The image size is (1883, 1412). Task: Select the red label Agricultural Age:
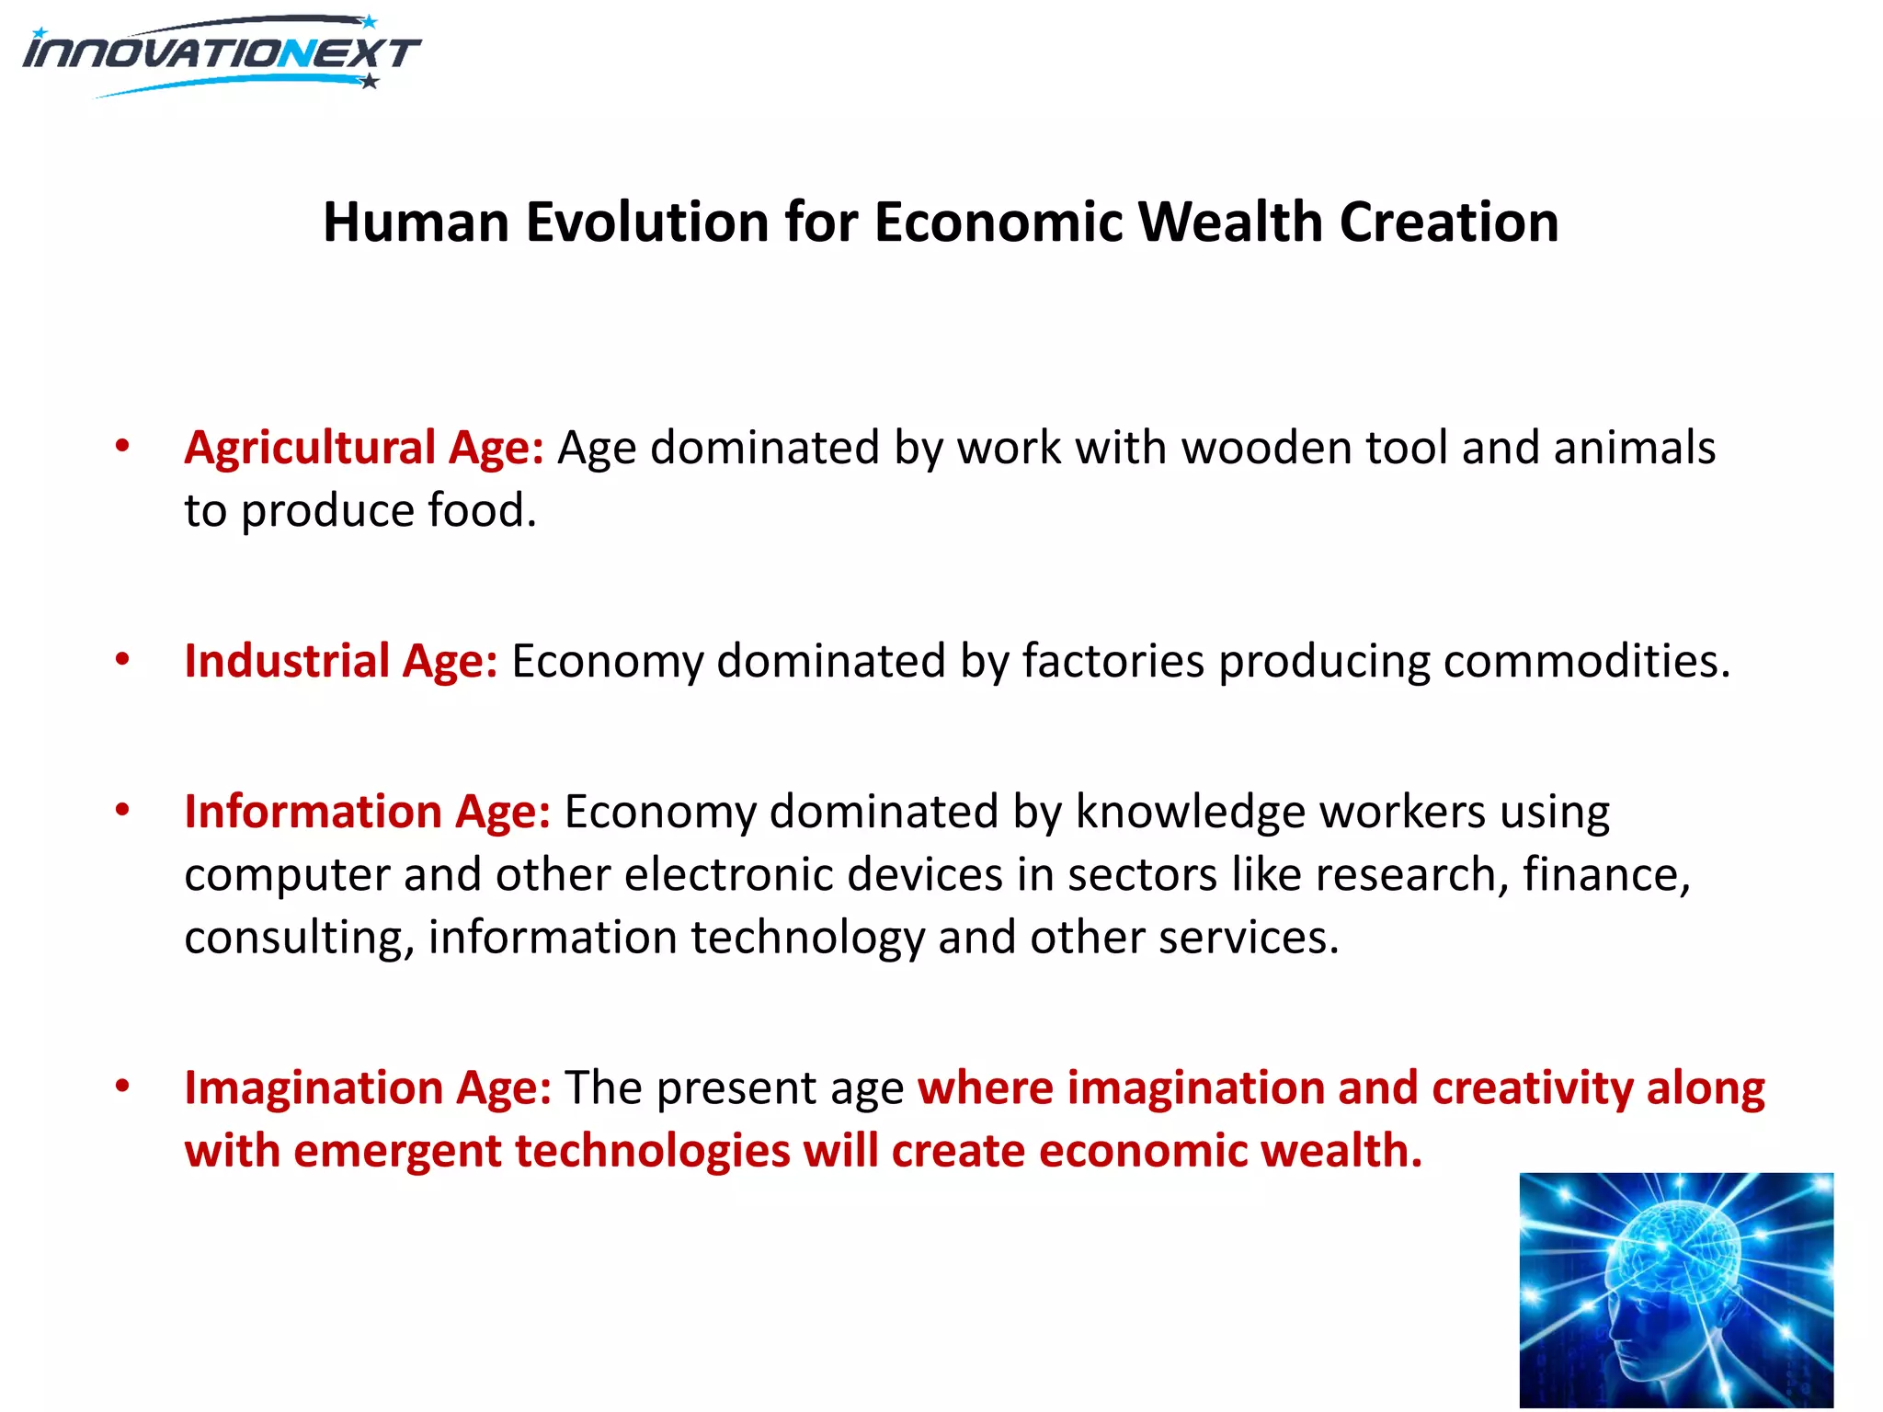point(364,449)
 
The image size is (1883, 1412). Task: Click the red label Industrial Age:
point(341,661)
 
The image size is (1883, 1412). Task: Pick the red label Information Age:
point(367,812)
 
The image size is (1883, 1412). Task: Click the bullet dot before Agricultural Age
point(122,447)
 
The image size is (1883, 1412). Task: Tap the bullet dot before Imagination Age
point(122,1087)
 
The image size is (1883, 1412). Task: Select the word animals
point(1634,449)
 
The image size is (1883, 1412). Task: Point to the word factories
point(1113,661)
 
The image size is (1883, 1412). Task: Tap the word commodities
point(1585,661)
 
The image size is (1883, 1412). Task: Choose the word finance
point(1605,874)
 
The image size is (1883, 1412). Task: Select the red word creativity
point(1532,1088)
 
